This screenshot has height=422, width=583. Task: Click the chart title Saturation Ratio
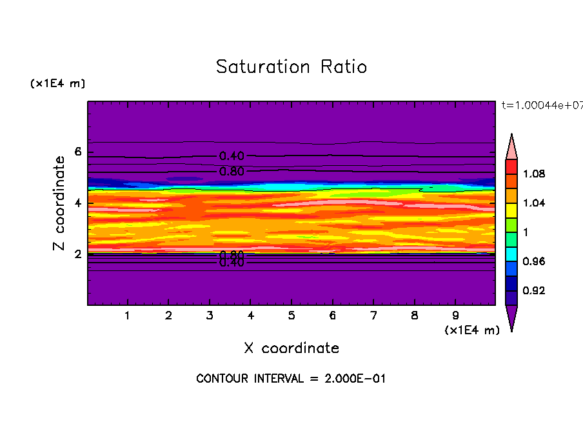tap(291, 67)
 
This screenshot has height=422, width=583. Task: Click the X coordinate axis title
tap(291, 348)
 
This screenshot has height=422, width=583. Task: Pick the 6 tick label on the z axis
tap(78, 152)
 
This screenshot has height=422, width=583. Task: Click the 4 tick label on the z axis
tap(78, 203)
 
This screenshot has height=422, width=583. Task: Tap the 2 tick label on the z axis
tap(78, 254)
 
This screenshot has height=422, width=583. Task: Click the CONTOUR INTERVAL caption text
tap(291, 379)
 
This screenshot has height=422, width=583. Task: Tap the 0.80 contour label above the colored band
tap(232, 172)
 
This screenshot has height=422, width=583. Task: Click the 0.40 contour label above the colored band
tap(232, 156)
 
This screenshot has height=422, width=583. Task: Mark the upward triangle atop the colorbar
tap(511, 146)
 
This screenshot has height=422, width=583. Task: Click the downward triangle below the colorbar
tap(511, 318)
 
